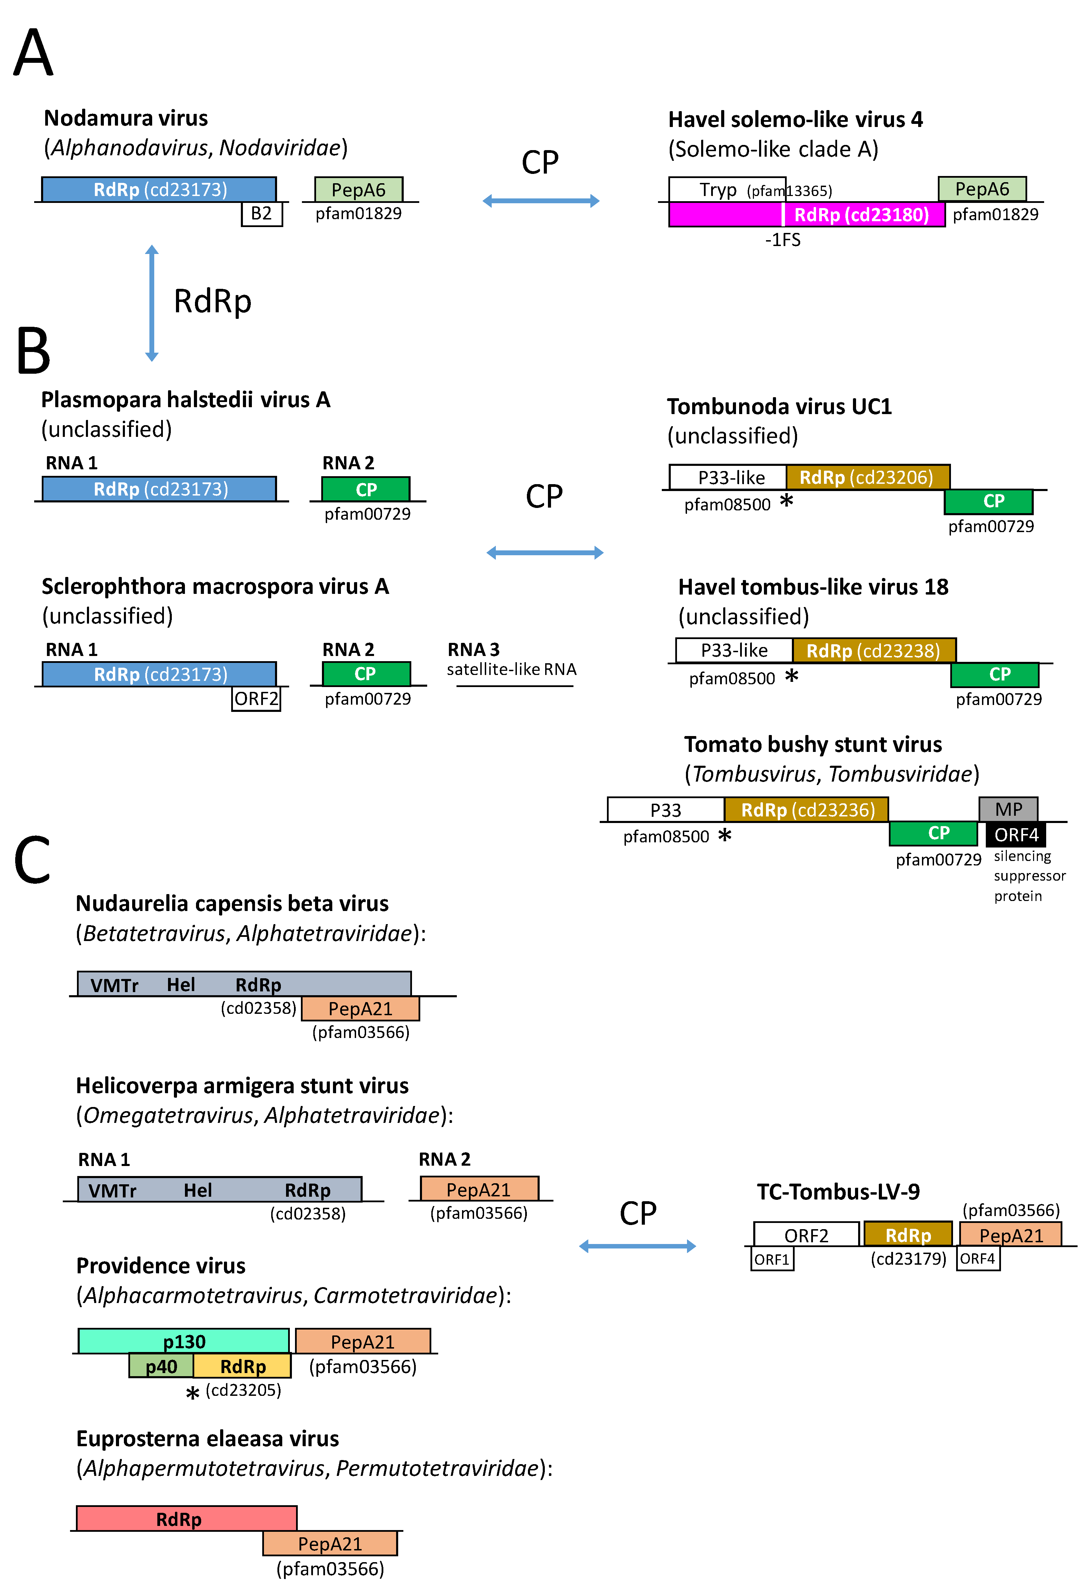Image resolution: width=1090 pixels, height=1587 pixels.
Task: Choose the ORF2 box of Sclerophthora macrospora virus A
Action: click(x=256, y=698)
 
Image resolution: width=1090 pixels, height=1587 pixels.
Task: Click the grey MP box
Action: click(x=1008, y=809)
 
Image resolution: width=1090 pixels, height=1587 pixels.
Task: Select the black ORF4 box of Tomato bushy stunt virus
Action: click(x=1015, y=834)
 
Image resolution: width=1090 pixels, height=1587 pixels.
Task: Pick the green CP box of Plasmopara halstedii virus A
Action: click(x=366, y=489)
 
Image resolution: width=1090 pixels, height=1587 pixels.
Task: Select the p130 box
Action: click(x=184, y=1341)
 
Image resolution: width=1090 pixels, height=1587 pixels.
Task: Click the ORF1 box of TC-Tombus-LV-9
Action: click(x=772, y=1258)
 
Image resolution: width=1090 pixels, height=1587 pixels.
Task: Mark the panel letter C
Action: click(x=32, y=859)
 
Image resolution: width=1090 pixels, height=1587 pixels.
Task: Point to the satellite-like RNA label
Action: click(x=512, y=669)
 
